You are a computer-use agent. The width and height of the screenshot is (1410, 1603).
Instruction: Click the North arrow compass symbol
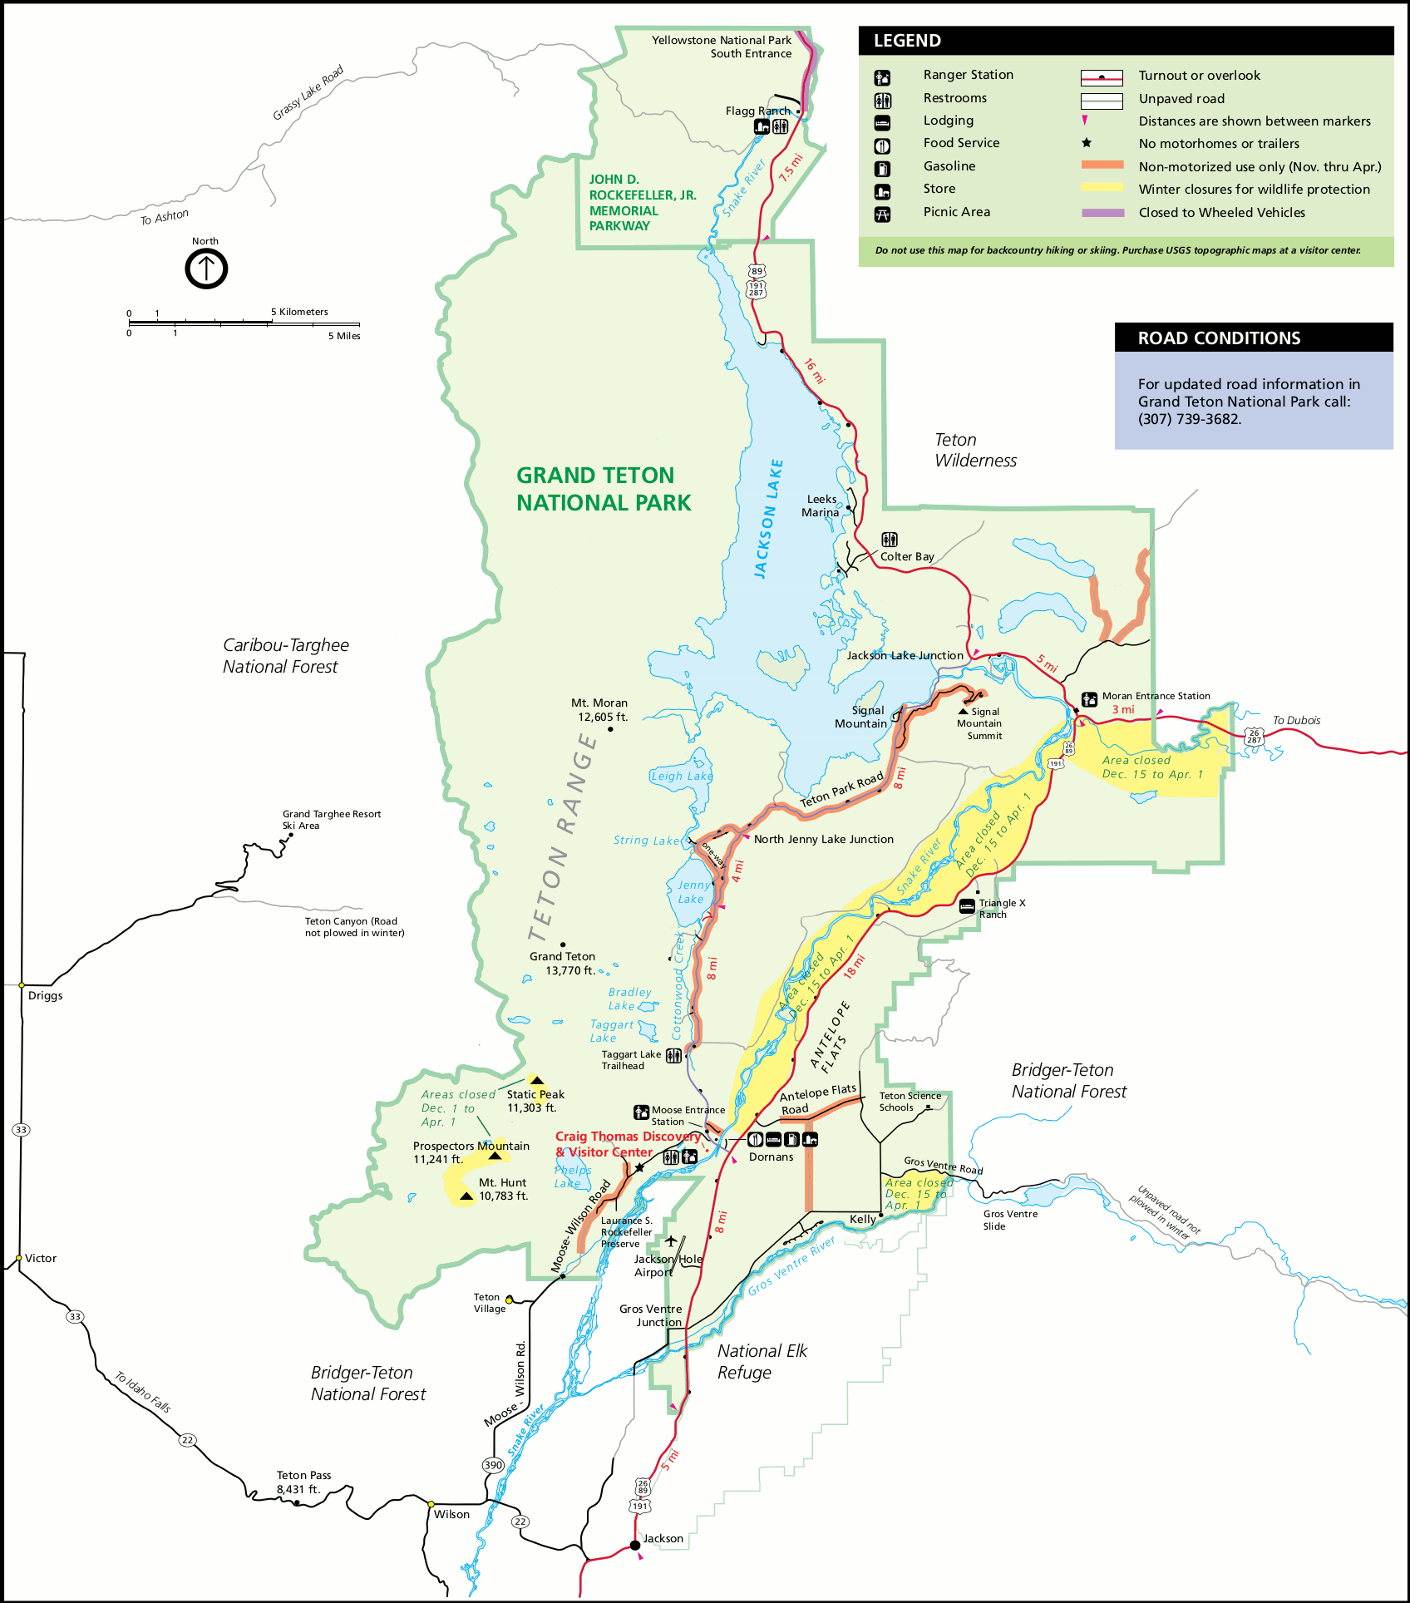[x=205, y=269]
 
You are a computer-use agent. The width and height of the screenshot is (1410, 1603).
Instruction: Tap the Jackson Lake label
[x=768, y=519]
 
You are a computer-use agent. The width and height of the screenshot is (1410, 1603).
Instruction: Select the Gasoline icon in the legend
[x=882, y=169]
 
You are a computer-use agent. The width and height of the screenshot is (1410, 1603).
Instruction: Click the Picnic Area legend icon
[x=882, y=215]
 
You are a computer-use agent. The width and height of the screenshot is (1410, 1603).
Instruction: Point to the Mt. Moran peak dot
[x=610, y=729]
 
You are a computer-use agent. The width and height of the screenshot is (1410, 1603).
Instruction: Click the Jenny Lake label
[x=693, y=891]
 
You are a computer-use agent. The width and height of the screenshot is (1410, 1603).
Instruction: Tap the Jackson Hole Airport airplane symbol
[x=671, y=1241]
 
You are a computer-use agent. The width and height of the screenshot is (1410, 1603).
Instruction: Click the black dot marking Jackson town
[x=635, y=1545]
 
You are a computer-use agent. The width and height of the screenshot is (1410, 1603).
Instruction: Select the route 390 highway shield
[x=493, y=1465]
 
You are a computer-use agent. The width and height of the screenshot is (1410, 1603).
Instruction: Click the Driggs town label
[x=45, y=995]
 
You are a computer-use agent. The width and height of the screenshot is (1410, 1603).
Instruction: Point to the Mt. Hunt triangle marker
[x=466, y=1196]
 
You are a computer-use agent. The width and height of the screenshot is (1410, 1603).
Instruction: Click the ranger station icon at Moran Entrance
[x=1089, y=699]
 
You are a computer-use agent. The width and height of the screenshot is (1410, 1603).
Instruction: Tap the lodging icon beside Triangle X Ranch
[x=967, y=906]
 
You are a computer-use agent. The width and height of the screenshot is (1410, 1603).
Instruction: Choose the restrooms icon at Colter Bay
[x=890, y=540]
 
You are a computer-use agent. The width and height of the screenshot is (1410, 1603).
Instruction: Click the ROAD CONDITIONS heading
[x=1219, y=338]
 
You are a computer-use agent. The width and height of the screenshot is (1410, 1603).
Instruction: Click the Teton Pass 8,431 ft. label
[x=303, y=1482]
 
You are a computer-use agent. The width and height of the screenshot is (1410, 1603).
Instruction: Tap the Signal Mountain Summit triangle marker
[x=964, y=712]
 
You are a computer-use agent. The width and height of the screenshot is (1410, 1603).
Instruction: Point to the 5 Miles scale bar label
[x=343, y=336]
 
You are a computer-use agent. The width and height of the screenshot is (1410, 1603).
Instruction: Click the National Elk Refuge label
[x=762, y=1361]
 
